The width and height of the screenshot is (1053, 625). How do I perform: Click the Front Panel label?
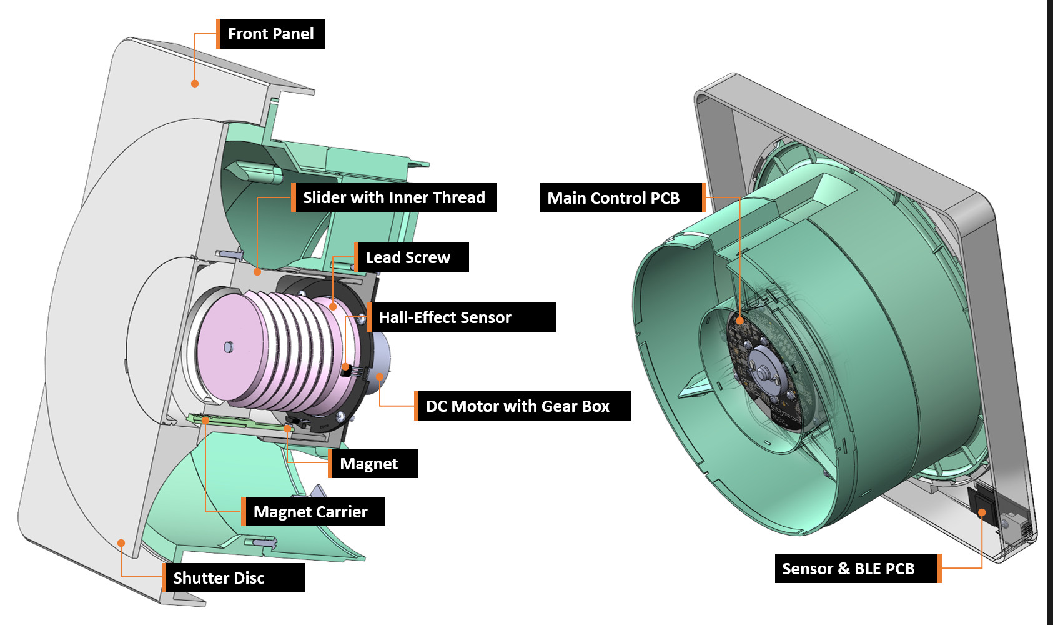[270, 34]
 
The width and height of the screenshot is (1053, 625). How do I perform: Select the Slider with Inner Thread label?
[394, 197]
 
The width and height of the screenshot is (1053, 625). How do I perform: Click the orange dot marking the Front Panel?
[195, 83]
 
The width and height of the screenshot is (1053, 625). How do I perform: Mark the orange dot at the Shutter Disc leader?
[121, 543]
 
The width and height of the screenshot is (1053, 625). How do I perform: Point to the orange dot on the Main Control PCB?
[739, 321]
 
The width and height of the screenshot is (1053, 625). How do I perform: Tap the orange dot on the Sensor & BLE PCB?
[982, 512]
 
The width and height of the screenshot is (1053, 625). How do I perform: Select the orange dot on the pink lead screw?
[333, 306]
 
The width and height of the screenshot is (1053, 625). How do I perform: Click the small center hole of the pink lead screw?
[229, 346]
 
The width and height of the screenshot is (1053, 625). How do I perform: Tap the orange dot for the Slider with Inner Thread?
[257, 272]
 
